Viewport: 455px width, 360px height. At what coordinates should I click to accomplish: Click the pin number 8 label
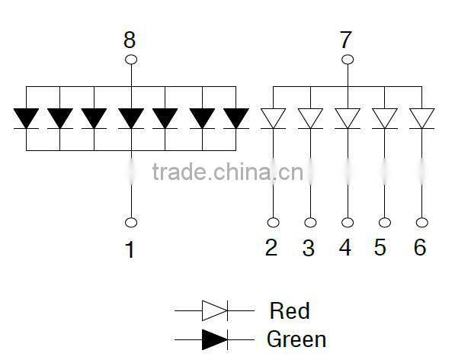(x=130, y=40)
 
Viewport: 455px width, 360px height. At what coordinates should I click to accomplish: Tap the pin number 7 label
(x=347, y=40)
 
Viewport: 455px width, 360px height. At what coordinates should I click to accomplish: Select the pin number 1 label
(x=130, y=249)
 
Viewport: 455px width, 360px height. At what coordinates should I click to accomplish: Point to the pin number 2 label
(x=271, y=248)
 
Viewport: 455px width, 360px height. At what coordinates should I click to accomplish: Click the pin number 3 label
(x=309, y=248)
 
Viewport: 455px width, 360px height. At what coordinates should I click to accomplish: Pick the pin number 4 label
(x=346, y=248)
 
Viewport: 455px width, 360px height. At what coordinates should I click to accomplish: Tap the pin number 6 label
(x=420, y=248)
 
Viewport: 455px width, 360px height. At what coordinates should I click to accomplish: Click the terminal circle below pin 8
(x=130, y=59)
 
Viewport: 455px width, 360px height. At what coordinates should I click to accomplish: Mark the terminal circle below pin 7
(x=347, y=59)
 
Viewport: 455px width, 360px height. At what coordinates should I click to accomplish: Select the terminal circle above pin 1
(x=130, y=223)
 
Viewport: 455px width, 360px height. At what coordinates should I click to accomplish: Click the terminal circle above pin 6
(x=421, y=223)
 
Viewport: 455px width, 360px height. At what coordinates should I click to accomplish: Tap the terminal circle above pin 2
(x=273, y=223)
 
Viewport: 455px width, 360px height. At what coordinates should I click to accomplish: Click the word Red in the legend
(x=290, y=310)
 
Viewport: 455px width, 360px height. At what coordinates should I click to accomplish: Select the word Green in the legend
(x=296, y=339)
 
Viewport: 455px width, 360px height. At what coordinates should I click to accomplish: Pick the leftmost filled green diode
(x=26, y=118)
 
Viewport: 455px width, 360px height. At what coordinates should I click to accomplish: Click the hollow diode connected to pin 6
(x=421, y=118)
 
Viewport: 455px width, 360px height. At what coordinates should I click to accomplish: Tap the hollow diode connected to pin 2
(x=273, y=118)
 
